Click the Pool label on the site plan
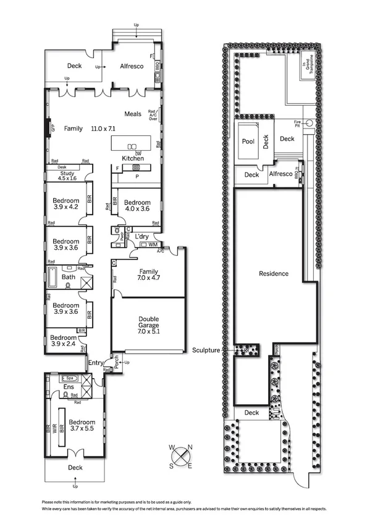[x=248, y=142]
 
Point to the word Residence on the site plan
[x=274, y=273]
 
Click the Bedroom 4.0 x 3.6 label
[x=137, y=206]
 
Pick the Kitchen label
[x=133, y=159]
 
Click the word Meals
[x=133, y=114]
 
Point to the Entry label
[x=96, y=363]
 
